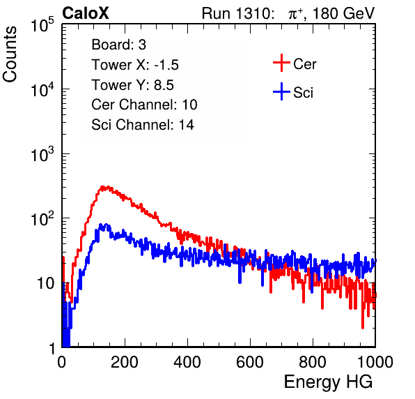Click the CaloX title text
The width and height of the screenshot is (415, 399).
[86, 13]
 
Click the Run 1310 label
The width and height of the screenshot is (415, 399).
[236, 13]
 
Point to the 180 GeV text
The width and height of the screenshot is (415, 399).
[344, 13]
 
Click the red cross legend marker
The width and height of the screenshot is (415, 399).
[281, 63]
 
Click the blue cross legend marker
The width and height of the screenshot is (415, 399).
[281, 91]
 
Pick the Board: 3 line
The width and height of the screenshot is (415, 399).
[118, 45]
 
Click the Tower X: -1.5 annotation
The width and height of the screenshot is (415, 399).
[135, 65]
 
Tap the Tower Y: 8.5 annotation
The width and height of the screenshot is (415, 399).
[132, 85]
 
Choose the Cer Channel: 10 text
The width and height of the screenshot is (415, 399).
[144, 105]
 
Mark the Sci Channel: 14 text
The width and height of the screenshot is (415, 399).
[143, 125]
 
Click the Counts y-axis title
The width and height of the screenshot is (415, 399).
[10, 54]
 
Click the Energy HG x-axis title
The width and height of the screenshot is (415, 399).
[328, 382]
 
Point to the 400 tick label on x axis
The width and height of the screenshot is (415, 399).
[187, 362]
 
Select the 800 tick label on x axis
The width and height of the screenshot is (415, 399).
[313, 362]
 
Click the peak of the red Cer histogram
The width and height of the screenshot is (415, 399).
[105, 187]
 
